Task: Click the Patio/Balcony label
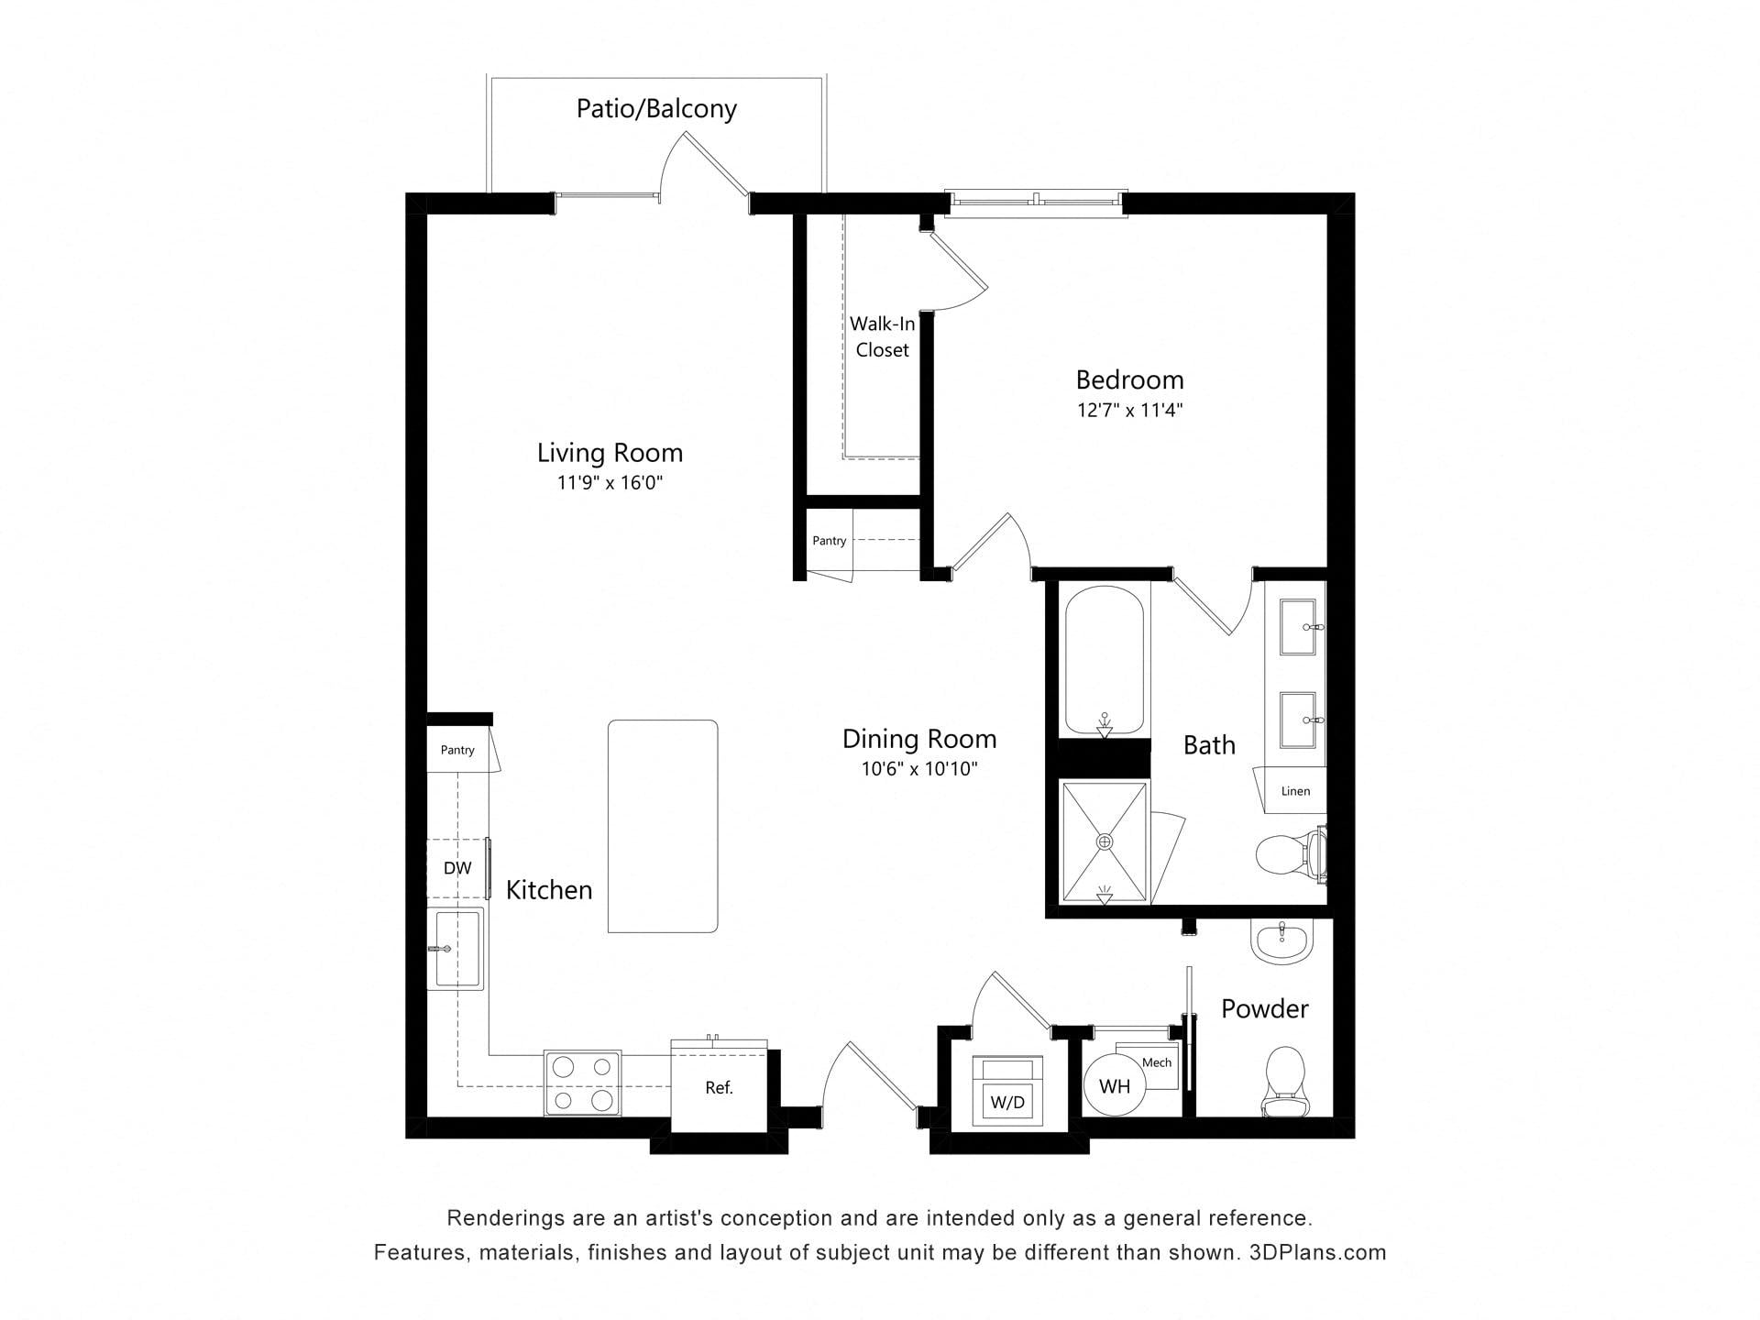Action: (x=656, y=109)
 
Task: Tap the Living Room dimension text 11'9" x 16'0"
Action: (x=610, y=483)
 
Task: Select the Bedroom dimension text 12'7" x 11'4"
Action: (x=1129, y=410)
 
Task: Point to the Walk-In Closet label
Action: (x=882, y=336)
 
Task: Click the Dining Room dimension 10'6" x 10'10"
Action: (x=919, y=769)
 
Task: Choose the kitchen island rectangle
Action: (x=663, y=827)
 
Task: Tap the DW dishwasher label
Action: (x=457, y=868)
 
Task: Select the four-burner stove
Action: (x=582, y=1083)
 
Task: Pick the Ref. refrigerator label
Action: (x=719, y=1088)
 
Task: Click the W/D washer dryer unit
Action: (x=1007, y=1091)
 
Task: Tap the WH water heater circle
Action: (x=1115, y=1086)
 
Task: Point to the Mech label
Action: (x=1157, y=1062)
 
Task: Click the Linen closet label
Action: (x=1295, y=791)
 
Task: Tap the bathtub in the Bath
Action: (x=1105, y=661)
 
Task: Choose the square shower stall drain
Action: (x=1105, y=841)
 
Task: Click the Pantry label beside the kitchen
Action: (x=457, y=750)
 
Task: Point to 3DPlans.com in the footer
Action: (x=1317, y=1252)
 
